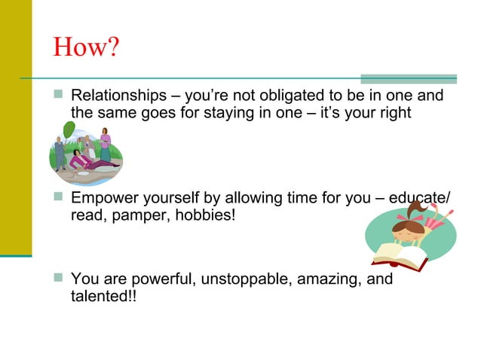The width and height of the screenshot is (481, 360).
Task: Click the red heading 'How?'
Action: click(87, 47)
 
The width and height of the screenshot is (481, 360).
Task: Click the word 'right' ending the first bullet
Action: click(395, 113)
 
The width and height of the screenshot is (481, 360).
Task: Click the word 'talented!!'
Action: click(98, 296)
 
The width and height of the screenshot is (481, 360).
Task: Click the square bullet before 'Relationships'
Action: click(59, 96)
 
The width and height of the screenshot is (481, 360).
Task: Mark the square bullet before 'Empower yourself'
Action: click(59, 199)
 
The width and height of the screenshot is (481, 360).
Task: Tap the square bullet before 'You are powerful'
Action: click(59, 279)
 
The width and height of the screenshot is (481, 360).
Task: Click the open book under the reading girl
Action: click(400, 257)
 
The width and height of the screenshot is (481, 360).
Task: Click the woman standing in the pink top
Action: click(105, 142)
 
